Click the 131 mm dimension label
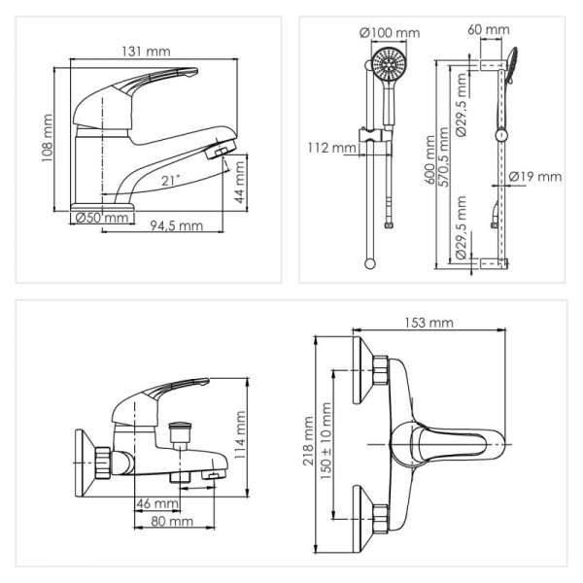[x=146, y=51]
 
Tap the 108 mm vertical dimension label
[x=48, y=138]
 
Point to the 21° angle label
[x=171, y=181]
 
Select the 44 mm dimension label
[x=240, y=183]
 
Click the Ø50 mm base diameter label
[x=102, y=217]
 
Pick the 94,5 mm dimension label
[x=177, y=225]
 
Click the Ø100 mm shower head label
[x=390, y=33]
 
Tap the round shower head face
[x=389, y=63]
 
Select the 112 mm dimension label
[x=331, y=148]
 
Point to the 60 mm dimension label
[x=489, y=29]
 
